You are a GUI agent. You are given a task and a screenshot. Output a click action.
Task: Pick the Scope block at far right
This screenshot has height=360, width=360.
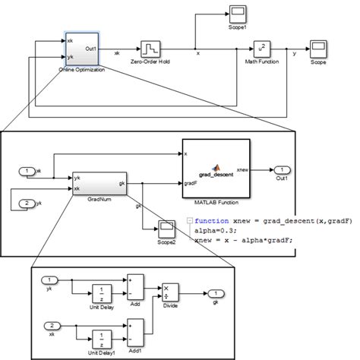(x=317, y=50)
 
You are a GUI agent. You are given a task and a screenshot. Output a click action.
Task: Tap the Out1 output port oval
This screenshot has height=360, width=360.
(x=282, y=169)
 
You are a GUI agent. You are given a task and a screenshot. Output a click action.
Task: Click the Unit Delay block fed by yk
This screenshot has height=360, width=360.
(x=102, y=294)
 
